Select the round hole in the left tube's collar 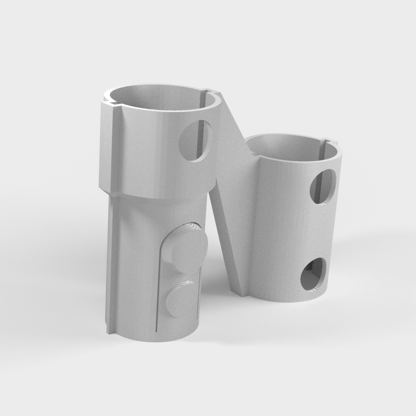point(195,140)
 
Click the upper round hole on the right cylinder point(323,186)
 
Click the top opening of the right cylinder point(292,146)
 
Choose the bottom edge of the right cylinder point(292,300)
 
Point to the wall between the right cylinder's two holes point(321,230)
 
